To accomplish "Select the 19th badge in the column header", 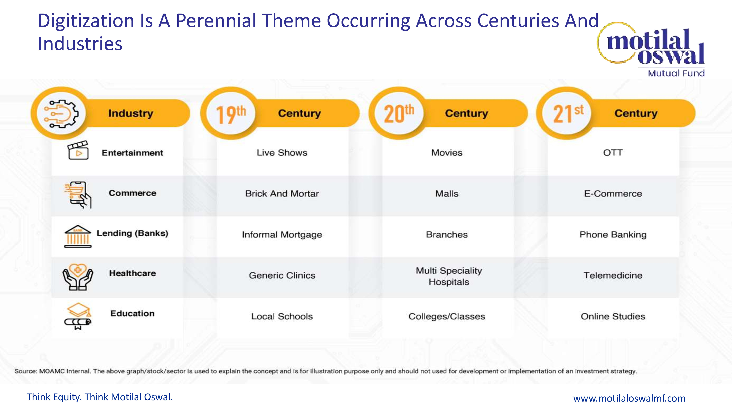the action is click(231, 114).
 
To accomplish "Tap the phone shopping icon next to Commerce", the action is click(78, 195).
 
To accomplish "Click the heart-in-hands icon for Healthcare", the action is click(78, 277).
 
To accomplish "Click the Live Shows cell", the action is click(282, 153).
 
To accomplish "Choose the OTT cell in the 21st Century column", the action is click(613, 153).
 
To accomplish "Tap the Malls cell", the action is click(447, 194).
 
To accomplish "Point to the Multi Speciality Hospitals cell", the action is click(449, 276).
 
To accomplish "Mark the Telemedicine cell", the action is click(613, 275).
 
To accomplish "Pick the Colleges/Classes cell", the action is click(447, 316).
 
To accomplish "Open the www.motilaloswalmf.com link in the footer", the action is click(629, 398).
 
